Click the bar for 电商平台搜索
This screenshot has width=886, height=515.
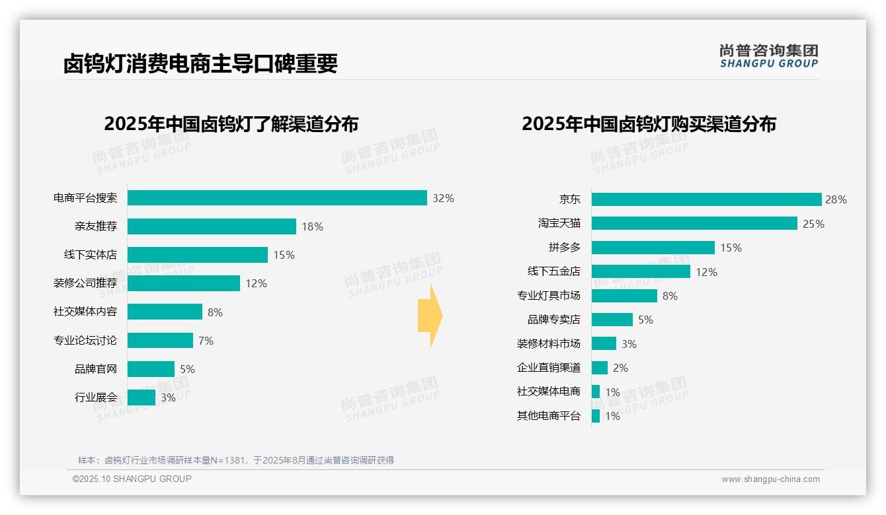click(277, 198)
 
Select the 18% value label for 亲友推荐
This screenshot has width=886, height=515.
click(312, 226)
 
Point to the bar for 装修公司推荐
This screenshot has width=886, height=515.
click(184, 283)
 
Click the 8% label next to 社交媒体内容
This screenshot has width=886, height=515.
click(215, 312)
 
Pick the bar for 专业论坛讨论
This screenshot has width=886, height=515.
click(160, 341)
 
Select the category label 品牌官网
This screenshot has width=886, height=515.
click(95, 369)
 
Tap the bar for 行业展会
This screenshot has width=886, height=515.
click(141, 397)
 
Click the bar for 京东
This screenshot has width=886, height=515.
click(706, 199)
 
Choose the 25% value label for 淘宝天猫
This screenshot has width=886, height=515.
click(813, 224)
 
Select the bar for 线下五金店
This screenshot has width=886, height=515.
click(641, 271)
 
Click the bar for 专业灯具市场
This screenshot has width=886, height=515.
click(624, 296)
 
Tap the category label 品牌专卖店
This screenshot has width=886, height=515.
click(553, 320)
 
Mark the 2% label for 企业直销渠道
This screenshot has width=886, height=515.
click(620, 368)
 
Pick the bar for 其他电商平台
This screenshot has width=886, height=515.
click(596, 416)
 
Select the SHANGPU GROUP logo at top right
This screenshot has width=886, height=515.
click(768, 56)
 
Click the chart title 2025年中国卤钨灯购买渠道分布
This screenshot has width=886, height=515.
click(649, 124)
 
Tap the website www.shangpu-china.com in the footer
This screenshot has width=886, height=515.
click(770, 479)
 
